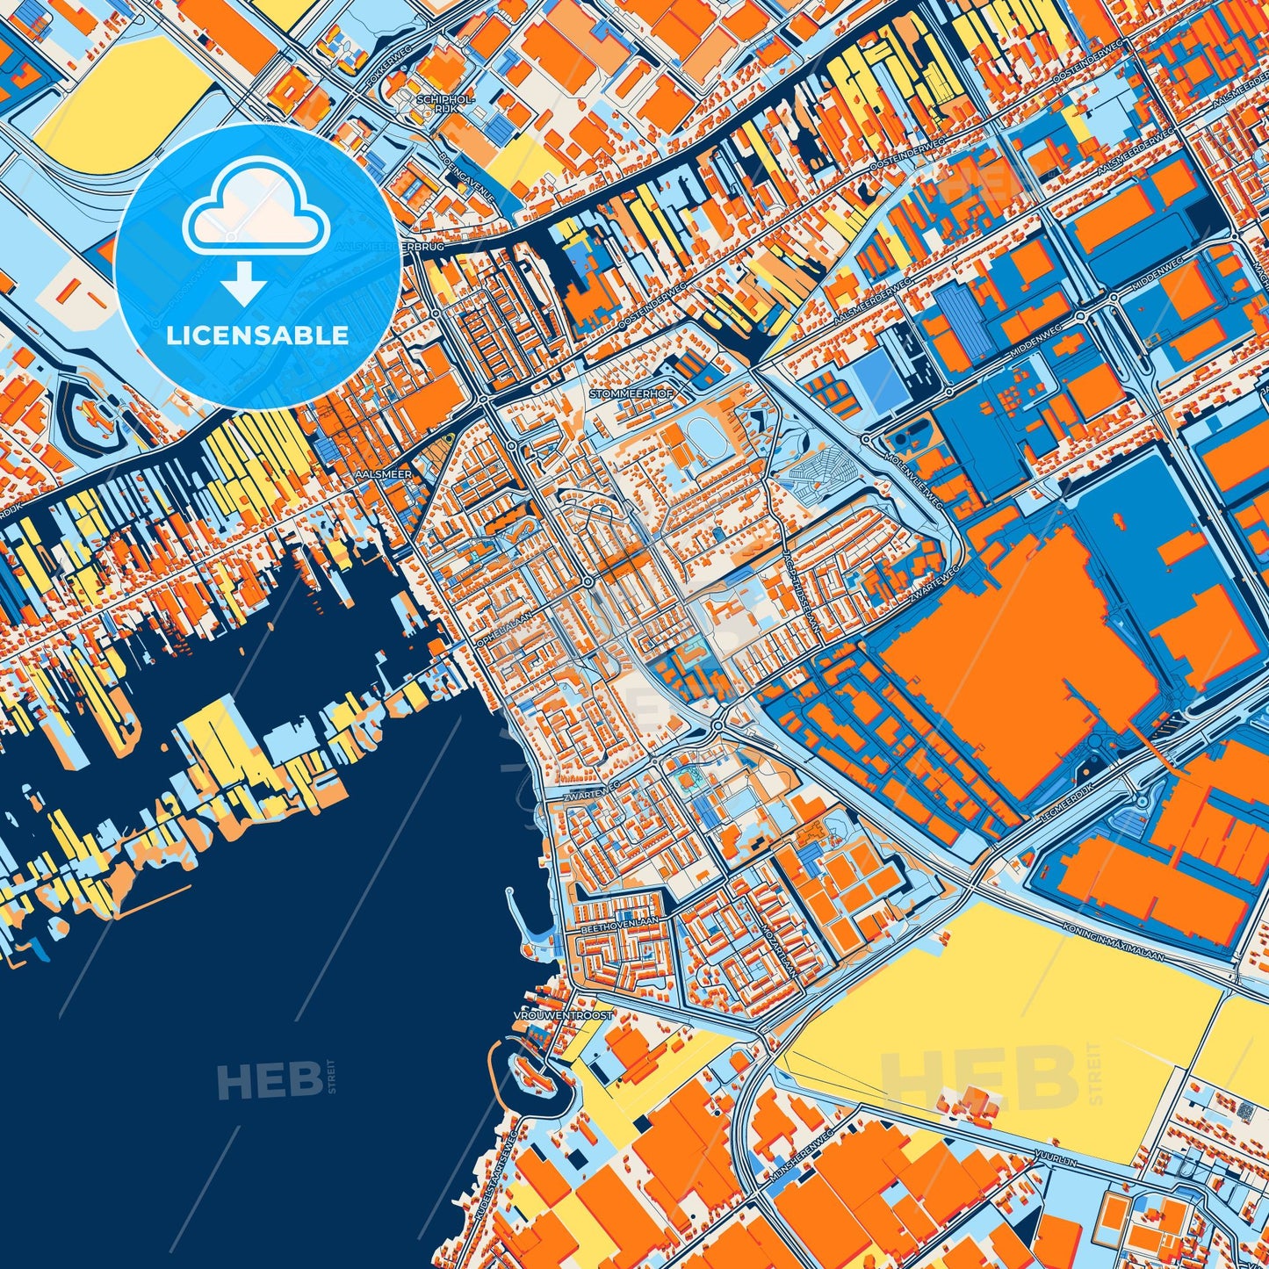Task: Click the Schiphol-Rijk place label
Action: click(446, 104)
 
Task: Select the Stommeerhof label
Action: click(631, 394)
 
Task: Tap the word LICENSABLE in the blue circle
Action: click(257, 335)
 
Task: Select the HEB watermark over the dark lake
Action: click(270, 1079)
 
